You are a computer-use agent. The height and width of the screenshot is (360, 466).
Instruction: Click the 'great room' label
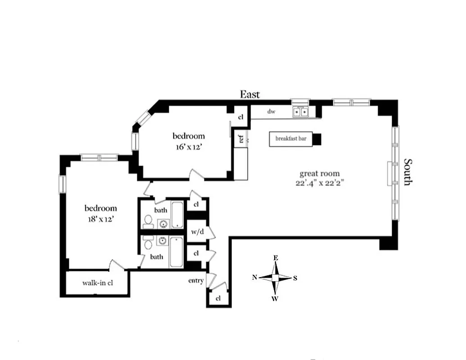point(320,173)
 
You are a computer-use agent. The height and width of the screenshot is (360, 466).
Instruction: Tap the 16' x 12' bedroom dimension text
point(189,147)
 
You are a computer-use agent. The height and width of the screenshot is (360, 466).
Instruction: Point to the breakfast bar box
point(291,139)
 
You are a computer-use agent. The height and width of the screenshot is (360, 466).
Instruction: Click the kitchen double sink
point(300,112)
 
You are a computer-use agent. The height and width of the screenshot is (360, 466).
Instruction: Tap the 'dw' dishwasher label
point(271,111)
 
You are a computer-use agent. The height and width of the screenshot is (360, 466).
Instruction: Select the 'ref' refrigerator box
point(241,139)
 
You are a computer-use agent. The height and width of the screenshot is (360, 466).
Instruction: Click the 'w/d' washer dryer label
point(197,232)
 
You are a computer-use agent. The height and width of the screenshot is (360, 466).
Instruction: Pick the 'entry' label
point(196,281)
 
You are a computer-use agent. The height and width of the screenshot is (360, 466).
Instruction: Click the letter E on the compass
point(276,258)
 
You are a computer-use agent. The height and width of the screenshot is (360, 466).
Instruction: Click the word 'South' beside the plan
point(407,171)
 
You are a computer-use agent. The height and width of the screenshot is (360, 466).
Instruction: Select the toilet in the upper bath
point(148,221)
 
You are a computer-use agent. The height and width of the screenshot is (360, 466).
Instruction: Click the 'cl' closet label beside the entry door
point(218,298)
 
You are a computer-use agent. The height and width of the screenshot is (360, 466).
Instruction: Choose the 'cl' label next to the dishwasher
point(240,117)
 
